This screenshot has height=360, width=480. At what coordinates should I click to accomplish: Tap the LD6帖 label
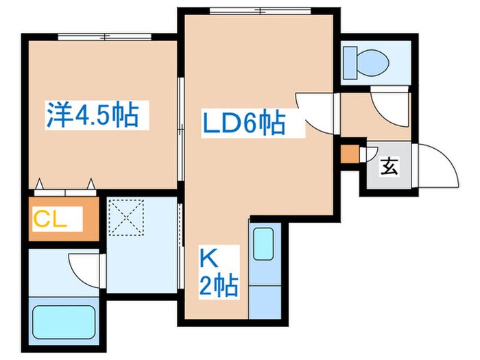tap(243, 125)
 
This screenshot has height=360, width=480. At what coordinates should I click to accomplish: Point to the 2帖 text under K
tap(219, 284)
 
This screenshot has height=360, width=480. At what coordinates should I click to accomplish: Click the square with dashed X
tap(127, 217)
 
